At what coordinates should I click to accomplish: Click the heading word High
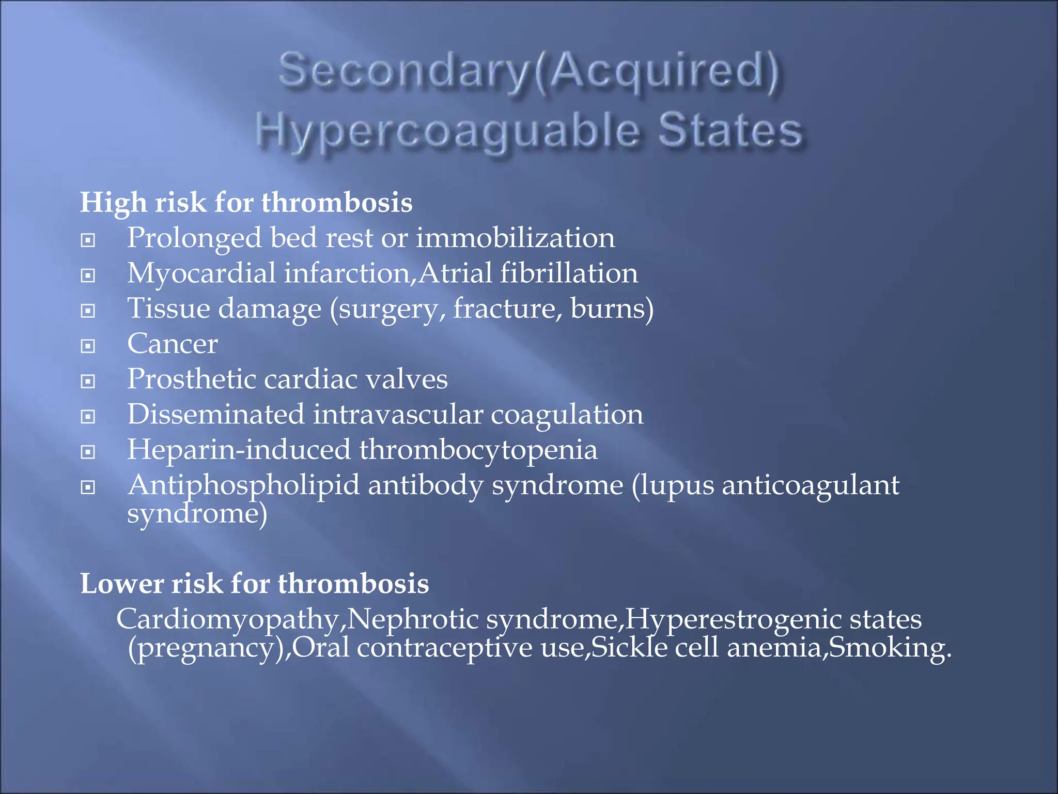pos(113,202)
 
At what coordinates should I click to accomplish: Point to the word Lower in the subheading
pos(122,584)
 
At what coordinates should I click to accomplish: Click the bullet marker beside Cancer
pos(88,346)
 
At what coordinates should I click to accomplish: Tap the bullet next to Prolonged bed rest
pos(88,240)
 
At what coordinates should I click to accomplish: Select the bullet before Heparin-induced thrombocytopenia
pos(88,452)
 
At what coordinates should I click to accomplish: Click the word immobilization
pos(515,238)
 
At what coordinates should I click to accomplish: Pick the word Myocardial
pos(201,273)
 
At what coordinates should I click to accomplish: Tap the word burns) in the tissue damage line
pos(612,309)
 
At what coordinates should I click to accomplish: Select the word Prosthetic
pos(192,379)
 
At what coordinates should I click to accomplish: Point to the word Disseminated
pos(216,414)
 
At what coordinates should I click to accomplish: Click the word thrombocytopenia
pos(478,450)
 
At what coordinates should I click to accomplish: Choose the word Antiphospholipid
pos(243,485)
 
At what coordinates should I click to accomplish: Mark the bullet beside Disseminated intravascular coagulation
pos(88,417)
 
